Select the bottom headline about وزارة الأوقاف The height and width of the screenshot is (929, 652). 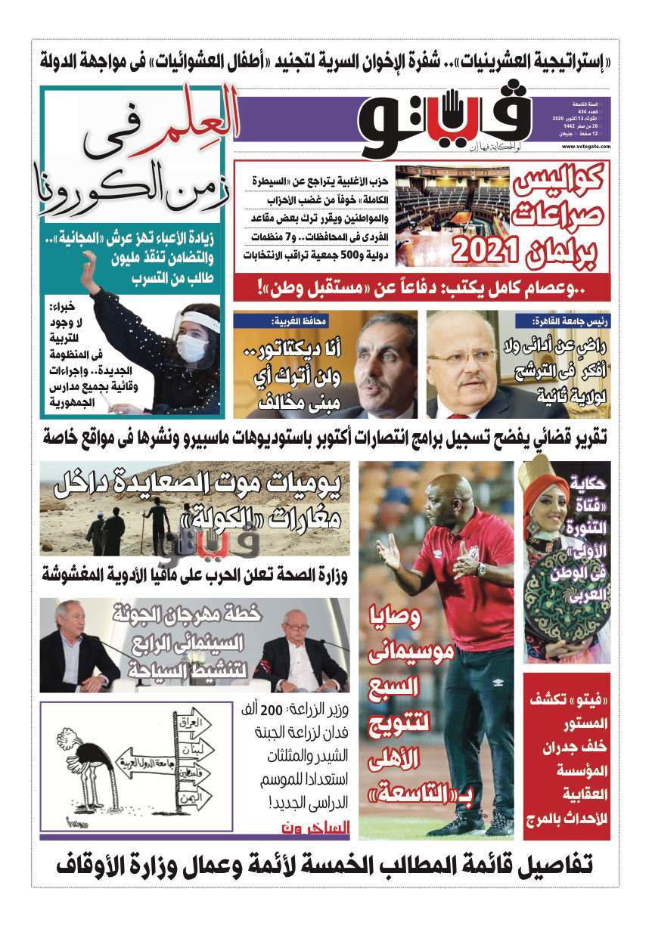click(x=326, y=864)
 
